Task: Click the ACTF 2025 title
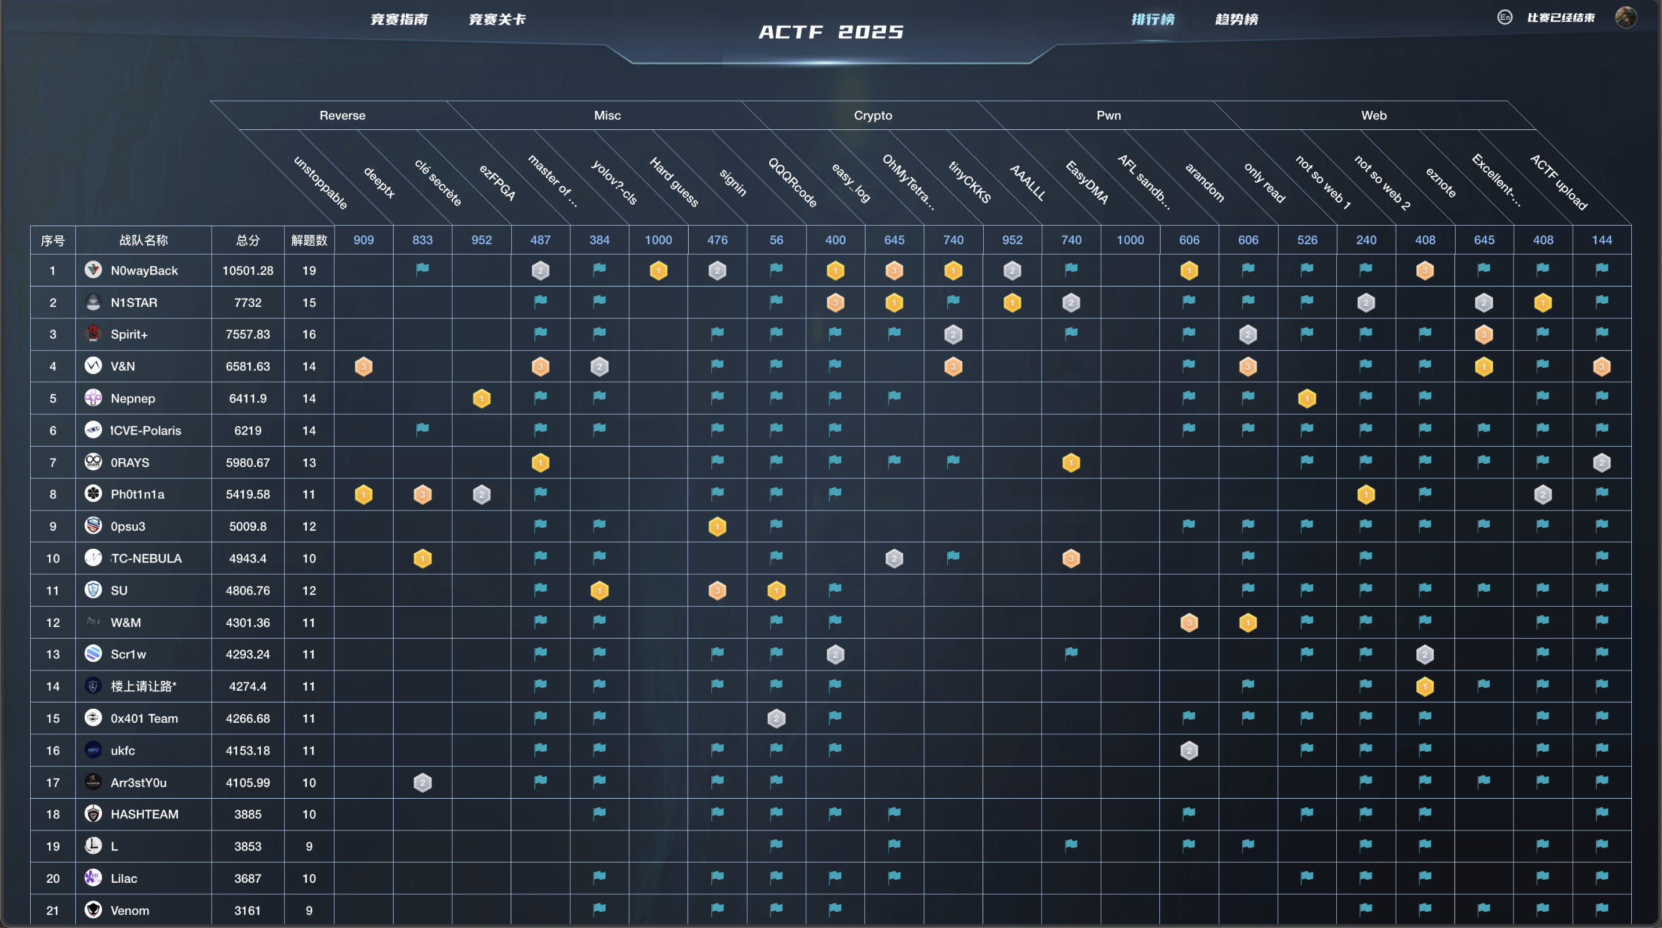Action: point(831,32)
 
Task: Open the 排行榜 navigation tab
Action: point(1153,19)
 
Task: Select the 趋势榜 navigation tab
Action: point(1236,19)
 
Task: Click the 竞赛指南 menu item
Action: point(399,19)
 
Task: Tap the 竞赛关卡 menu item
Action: point(497,19)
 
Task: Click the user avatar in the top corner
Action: point(1625,17)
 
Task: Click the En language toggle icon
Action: point(1504,17)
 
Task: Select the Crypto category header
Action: point(872,115)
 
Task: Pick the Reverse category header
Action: point(342,115)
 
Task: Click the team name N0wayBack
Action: point(144,270)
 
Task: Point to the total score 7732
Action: point(248,303)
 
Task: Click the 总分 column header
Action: point(248,240)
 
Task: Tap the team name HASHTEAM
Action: point(144,814)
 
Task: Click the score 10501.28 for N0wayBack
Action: point(248,270)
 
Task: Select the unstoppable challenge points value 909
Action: point(363,240)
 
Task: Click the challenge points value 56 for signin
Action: point(776,240)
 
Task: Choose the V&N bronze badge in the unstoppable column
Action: point(363,367)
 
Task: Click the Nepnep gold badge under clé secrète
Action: point(481,399)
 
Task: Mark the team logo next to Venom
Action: point(93,910)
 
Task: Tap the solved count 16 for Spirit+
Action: point(309,334)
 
